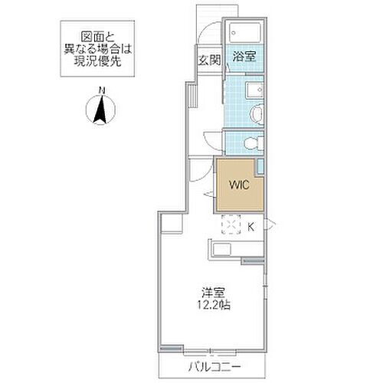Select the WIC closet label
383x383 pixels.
coord(235,184)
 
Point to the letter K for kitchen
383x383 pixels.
coord(250,225)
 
